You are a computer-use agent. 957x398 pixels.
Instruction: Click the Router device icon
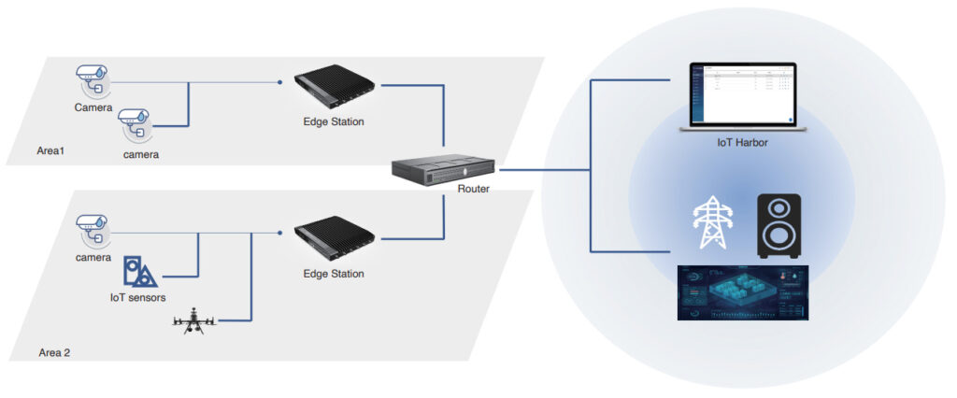[x=444, y=169]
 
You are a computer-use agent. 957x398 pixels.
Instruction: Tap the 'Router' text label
[x=475, y=189]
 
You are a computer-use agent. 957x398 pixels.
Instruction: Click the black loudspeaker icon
[x=778, y=225]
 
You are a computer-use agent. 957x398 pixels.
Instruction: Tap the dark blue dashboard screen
[x=742, y=292]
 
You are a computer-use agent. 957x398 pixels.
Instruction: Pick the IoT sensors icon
[x=138, y=272]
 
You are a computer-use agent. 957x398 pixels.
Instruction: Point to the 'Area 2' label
[x=55, y=352]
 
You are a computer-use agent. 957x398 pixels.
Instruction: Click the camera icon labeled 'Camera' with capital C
[x=93, y=78]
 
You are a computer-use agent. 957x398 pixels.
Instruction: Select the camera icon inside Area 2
[x=93, y=228]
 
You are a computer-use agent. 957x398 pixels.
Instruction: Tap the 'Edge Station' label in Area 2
[x=334, y=274]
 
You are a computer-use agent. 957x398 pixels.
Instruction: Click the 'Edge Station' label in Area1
[x=334, y=121]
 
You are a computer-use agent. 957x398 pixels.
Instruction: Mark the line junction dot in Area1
[x=280, y=83]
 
